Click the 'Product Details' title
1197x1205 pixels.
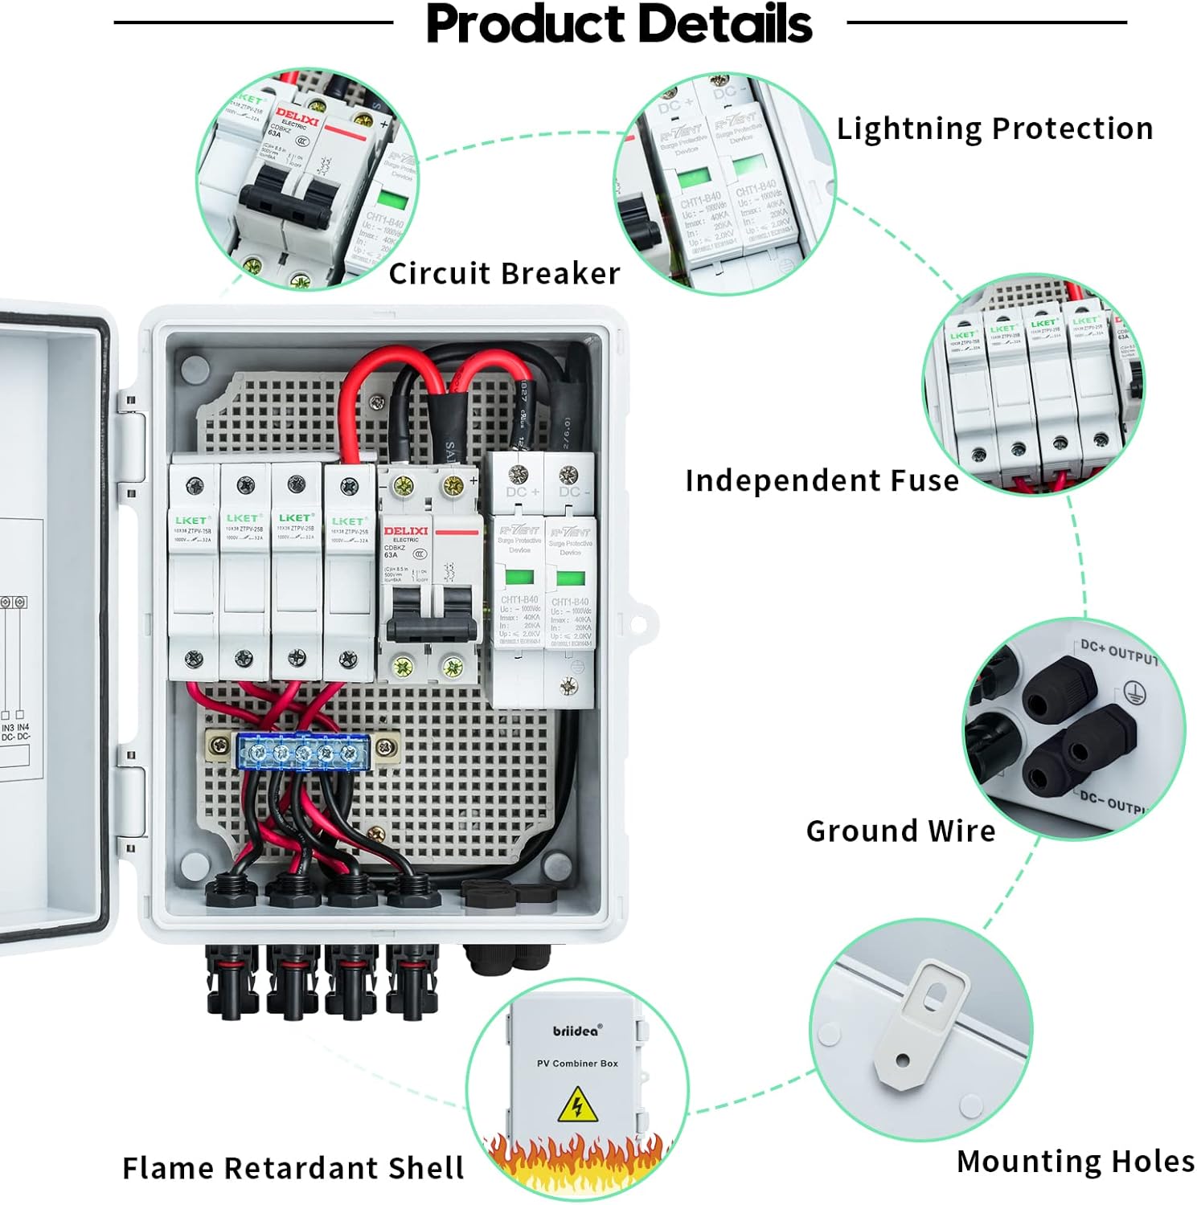coord(619,24)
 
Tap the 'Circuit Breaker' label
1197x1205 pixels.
coord(504,273)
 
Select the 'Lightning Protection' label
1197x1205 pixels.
coord(994,129)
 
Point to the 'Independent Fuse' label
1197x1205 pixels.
coord(822,480)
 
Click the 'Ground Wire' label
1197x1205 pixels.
coord(900,831)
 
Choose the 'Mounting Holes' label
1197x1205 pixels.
coord(1075,1162)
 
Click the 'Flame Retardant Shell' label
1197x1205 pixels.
coord(293,1167)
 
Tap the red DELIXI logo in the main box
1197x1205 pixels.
coord(406,531)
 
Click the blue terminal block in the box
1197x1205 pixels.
coord(302,752)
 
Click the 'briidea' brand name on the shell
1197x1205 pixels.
coord(576,1031)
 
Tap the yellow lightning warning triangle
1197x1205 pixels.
coord(576,1105)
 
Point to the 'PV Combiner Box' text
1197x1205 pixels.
coord(577,1064)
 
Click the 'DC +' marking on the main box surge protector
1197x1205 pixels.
coord(523,492)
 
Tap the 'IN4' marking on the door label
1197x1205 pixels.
coord(23,728)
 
